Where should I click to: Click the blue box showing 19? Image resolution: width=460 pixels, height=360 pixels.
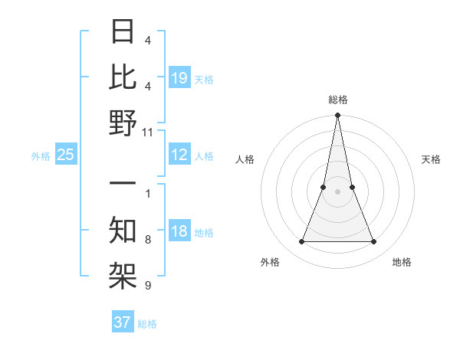tap(179, 77)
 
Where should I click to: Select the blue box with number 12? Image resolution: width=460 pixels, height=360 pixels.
tap(179, 155)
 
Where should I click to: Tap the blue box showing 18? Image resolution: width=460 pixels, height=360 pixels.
tap(179, 232)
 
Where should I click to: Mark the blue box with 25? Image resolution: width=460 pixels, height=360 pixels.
tap(66, 155)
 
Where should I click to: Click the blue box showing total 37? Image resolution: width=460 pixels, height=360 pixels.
tap(123, 322)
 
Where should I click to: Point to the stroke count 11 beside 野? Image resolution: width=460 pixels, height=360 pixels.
tap(148, 132)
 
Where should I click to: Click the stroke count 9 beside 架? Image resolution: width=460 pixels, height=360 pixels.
tap(148, 286)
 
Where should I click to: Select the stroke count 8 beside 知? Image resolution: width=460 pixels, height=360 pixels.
tap(148, 240)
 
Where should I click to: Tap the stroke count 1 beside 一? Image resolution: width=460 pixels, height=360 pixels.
tap(148, 193)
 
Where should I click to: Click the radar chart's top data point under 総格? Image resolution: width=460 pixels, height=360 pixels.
tap(337, 116)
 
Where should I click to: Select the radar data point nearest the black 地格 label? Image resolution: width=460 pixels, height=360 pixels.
tap(374, 242)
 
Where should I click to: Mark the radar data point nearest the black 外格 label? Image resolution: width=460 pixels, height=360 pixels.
tap(301, 242)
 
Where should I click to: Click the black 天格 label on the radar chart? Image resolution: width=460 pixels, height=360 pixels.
tap(431, 159)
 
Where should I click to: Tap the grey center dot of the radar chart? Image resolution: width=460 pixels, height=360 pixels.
tap(337, 191)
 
